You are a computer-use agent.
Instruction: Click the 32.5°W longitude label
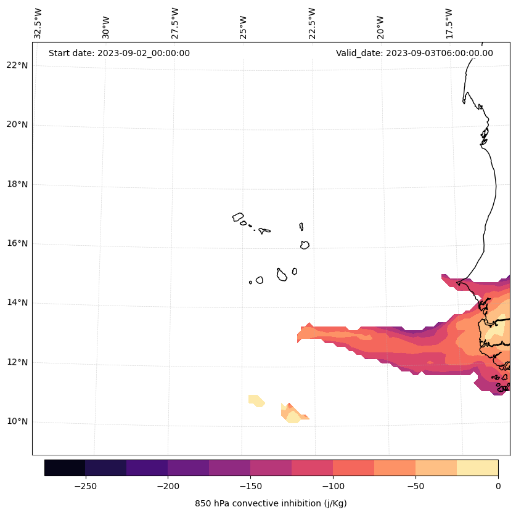point(38,23)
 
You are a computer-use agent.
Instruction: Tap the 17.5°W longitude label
point(449,23)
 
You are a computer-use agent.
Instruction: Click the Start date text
point(119,53)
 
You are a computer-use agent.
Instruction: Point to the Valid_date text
point(414,53)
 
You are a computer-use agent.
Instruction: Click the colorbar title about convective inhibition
point(271,503)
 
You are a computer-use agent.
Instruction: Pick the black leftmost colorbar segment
point(65,468)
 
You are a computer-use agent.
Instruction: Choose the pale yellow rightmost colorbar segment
point(477,468)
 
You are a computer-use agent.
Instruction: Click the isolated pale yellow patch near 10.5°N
point(256,400)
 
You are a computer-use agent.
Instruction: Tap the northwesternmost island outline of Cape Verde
point(238,217)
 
